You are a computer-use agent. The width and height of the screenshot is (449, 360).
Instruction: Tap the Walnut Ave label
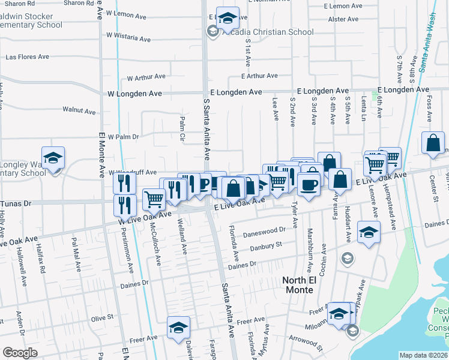point(79,111)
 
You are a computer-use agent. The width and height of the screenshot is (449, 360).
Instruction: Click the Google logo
point(20,352)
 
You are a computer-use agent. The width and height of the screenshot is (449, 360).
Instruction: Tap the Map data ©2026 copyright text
point(423,355)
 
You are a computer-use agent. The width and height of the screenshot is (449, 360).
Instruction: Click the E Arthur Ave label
point(259,76)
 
